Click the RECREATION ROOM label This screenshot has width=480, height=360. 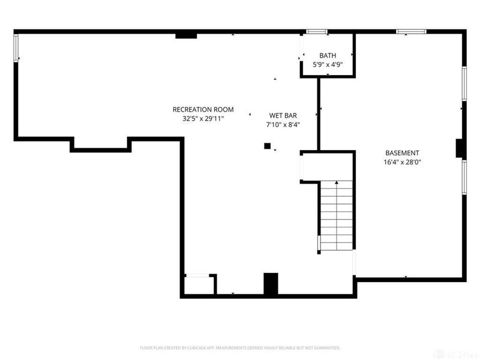[x=203, y=109]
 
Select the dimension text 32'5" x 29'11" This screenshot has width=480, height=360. [x=203, y=119]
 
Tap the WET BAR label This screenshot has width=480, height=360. [x=283, y=115]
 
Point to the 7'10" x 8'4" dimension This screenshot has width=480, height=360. [x=283, y=125]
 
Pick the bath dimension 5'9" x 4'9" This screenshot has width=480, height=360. [x=328, y=64]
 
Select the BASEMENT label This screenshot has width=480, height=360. [x=402, y=153]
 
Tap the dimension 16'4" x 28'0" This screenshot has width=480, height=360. [x=402, y=162]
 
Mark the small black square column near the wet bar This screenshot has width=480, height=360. [x=268, y=146]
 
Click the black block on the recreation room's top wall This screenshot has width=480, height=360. [x=186, y=36]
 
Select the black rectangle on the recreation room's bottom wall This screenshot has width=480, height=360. [x=271, y=283]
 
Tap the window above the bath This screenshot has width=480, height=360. [x=316, y=31]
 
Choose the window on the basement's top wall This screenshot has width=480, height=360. [x=411, y=31]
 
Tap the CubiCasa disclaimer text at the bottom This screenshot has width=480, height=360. [x=240, y=347]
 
